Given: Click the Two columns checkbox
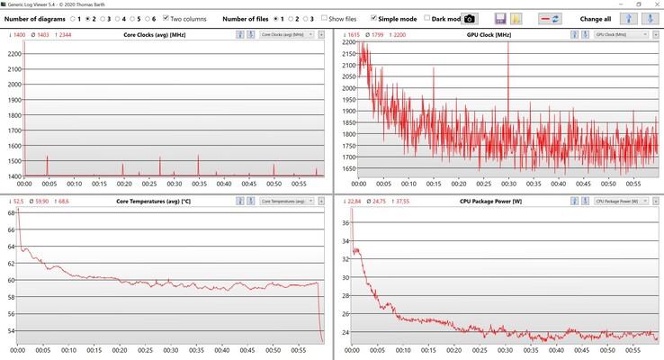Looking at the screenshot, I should pos(166,18).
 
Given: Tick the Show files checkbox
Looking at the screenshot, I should pos(325,18).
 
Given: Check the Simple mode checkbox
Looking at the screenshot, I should pos(373,18).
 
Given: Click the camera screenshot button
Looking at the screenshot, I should pos(469,18).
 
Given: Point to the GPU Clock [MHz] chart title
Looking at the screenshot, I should pos(491,34).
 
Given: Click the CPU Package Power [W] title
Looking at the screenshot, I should pos(491,200).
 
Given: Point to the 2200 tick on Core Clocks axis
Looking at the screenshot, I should pos(13,53).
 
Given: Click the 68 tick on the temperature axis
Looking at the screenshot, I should pos(13,212).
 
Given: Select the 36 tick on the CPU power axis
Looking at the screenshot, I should pos(344,222).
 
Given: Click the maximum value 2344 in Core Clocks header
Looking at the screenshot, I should pos(66,34).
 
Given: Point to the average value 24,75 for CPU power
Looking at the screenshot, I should pos(381,200).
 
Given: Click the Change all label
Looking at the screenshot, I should pos(596,18).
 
